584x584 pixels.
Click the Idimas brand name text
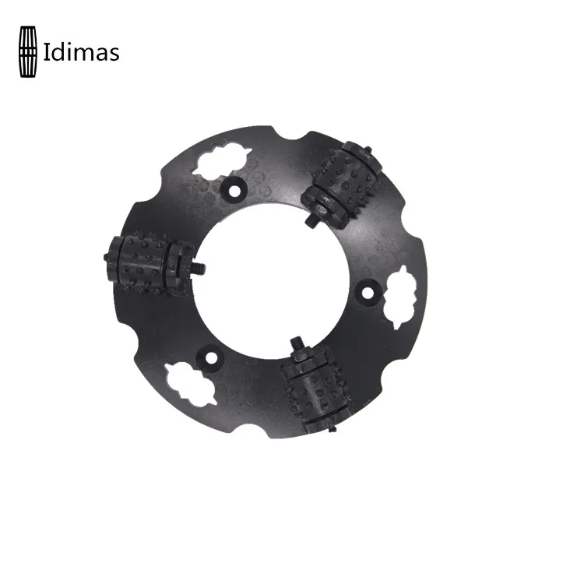(x=81, y=52)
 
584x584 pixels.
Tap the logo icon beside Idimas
(x=28, y=51)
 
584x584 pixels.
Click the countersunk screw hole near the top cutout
(x=231, y=188)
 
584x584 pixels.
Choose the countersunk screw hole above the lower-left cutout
(x=208, y=356)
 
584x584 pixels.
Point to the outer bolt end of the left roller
(x=105, y=255)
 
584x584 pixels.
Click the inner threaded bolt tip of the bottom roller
(x=298, y=343)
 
